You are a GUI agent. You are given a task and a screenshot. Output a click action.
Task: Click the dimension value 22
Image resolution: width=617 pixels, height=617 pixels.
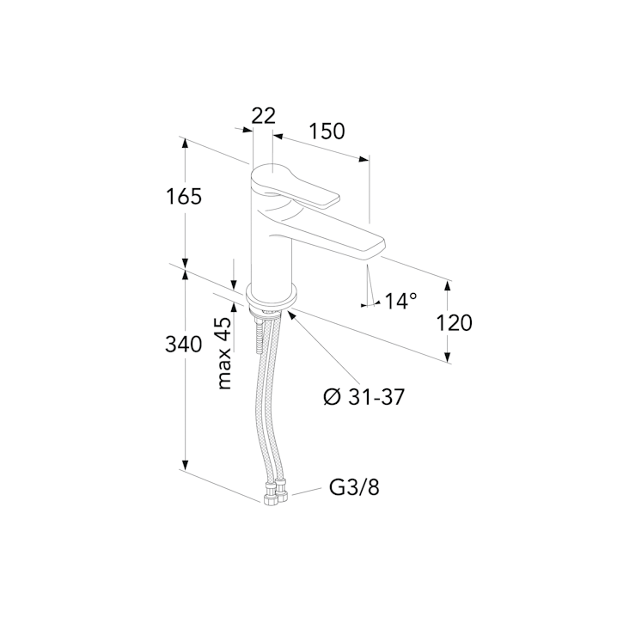(x=263, y=115)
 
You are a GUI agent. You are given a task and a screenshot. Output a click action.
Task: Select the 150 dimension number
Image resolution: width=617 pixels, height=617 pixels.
(x=327, y=131)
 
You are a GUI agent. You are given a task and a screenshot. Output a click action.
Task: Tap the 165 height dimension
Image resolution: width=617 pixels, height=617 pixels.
(x=183, y=196)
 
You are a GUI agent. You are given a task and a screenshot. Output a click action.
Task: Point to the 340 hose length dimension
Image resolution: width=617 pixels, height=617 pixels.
(x=183, y=345)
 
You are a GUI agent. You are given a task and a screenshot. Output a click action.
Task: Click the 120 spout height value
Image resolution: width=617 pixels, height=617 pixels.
(x=455, y=322)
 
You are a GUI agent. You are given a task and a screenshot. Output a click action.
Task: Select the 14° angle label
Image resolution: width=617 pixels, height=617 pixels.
(x=400, y=301)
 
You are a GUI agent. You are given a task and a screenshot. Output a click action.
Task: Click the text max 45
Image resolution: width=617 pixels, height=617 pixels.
(x=224, y=353)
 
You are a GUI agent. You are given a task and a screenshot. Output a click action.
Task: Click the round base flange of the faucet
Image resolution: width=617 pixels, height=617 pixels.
(x=272, y=296)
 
